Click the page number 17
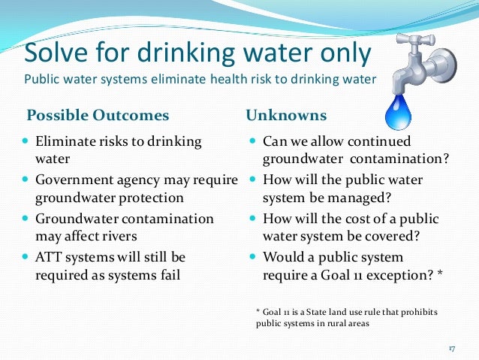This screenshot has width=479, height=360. coord(452,349)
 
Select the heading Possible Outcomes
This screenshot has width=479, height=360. coord(98,116)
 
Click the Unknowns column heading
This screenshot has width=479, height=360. coord(286,116)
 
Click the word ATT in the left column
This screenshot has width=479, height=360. coord(50,257)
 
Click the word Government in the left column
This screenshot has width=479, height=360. coord(74,180)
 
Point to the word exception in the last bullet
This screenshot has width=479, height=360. coord(398,275)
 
